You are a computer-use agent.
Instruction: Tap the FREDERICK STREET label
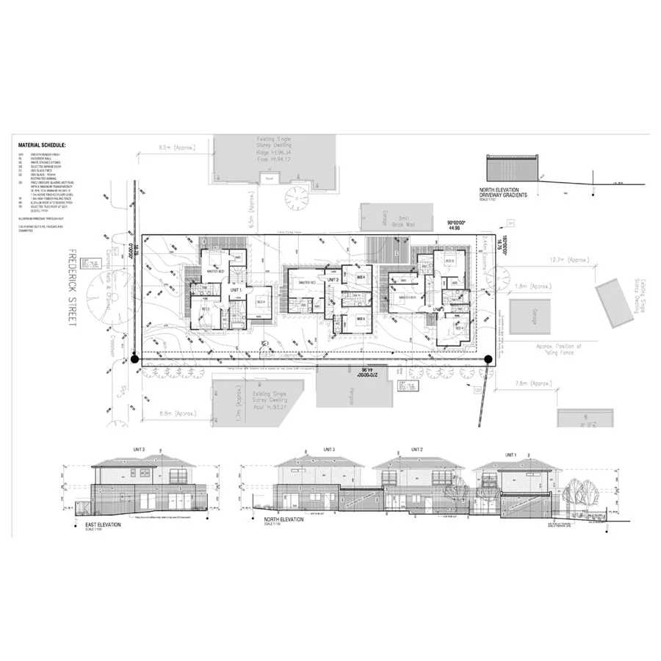coord(72,292)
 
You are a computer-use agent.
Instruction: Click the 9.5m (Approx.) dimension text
coord(176,148)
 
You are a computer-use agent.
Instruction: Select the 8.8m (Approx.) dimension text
coord(170,414)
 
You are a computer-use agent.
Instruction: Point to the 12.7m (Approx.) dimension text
coord(570,260)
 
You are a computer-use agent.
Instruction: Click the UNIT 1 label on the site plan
coord(236,290)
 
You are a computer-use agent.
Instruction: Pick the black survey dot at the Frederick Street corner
coord(134,359)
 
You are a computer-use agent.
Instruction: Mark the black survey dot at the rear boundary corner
coord(489,359)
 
